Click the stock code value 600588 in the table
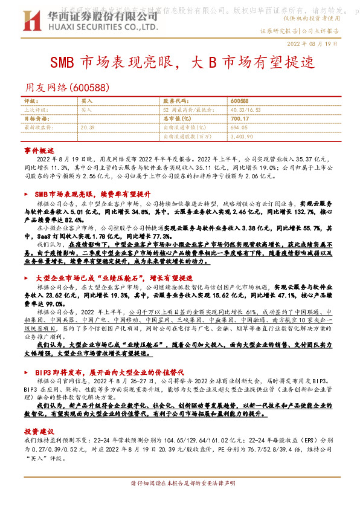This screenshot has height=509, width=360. coord(240,100)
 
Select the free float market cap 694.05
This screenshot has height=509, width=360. coord(239,128)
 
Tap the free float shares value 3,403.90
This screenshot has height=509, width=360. coord(242,137)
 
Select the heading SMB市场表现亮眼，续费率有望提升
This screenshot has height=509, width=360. coord(92,194)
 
